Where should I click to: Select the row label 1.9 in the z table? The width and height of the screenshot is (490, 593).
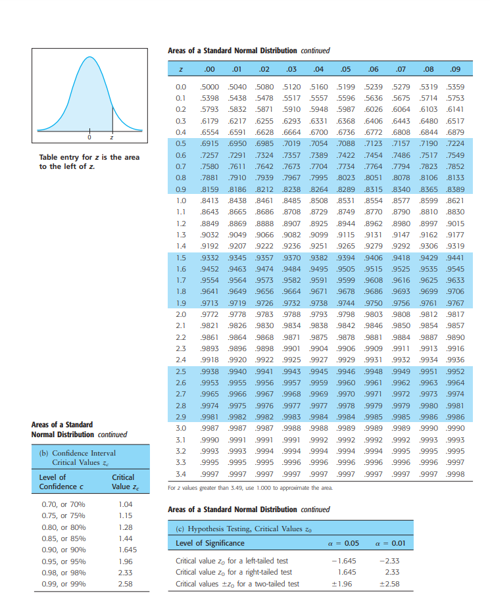pos(181,302)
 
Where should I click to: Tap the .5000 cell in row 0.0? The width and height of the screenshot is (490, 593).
pos(209,87)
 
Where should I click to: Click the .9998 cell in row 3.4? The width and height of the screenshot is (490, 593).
pos(454,475)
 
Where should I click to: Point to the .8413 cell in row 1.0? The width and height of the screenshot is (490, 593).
pos(209,200)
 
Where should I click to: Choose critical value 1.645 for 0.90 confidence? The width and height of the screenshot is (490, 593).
pos(124,550)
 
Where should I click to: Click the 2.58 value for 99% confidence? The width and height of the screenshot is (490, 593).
pos(124,584)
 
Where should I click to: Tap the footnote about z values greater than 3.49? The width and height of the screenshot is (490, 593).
pos(251,487)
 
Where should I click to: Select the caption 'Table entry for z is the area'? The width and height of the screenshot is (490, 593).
pos(89,158)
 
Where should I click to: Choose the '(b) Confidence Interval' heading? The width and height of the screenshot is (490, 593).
pos(78,454)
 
